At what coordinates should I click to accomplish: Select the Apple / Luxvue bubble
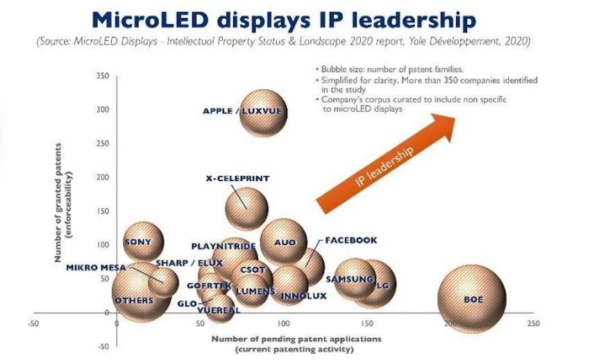[x=263, y=113]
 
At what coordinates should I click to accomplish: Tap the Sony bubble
[x=144, y=242]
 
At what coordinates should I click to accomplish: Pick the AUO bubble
[x=284, y=242]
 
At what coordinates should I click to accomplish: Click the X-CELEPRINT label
[x=237, y=178]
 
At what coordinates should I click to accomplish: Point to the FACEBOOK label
[x=351, y=240]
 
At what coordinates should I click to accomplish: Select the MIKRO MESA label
[x=96, y=268]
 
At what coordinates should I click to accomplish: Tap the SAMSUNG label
[x=350, y=279]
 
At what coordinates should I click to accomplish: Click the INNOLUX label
[x=303, y=296]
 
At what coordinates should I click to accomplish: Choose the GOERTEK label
[x=209, y=286]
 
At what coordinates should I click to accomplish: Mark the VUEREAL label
[x=219, y=310]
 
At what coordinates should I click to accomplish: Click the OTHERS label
[x=134, y=300]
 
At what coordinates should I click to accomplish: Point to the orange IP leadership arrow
[x=386, y=163]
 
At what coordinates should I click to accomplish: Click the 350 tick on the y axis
[x=103, y=76]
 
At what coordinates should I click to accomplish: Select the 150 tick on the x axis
[x=367, y=323]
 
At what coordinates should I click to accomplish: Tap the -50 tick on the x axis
[x=33, y=323]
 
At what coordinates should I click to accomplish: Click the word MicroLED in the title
[x=151, y=20]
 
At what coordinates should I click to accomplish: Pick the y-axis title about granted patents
[x=63, y=203]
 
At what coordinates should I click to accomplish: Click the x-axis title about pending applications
[x=296, y=344]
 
